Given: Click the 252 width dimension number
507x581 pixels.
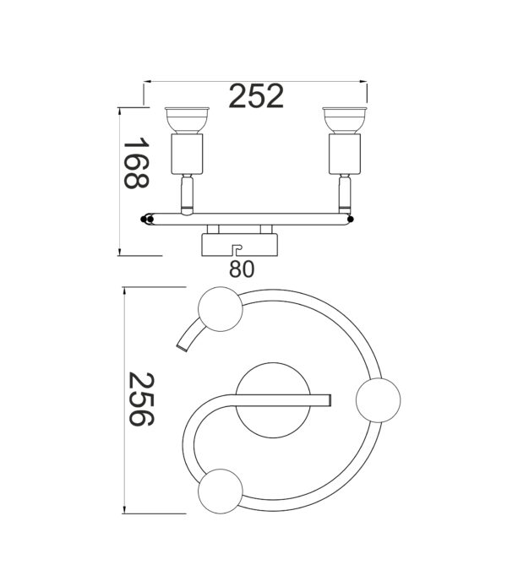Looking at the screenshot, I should pos(256,97).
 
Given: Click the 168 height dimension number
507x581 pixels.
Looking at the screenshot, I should pos(136,164).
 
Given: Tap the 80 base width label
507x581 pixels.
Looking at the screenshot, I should pos(241,269).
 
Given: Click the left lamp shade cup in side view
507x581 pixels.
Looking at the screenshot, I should pos(184,119).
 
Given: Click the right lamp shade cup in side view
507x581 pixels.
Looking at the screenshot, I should pos(344,119).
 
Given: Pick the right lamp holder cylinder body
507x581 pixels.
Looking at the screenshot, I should pos(344,153).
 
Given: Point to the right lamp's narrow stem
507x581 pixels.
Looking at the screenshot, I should pos(344,193).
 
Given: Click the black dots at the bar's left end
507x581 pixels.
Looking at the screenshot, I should pos(147,219).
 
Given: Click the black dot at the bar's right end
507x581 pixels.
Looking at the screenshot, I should pos(350,220).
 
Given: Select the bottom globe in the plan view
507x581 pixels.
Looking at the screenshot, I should pos(219,489).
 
